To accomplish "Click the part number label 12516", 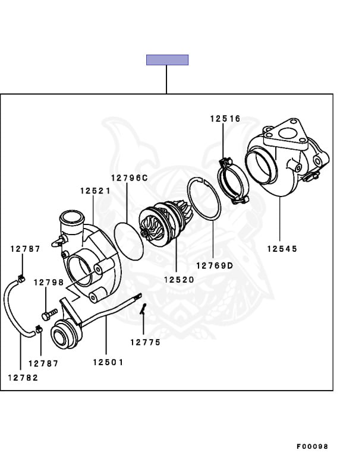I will click(225, 119).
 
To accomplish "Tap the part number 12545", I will click(282, 249).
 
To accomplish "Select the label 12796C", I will click(128, 178).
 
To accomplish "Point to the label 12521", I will click(95, 191).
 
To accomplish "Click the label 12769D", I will click(214, 265).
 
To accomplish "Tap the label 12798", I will click(48, 282).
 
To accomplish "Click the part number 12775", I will click(145, 342).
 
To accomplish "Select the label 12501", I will click(108, 362).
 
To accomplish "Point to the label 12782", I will click(23, 378).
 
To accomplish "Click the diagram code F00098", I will click(313, 446).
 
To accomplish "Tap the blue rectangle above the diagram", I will click(167, 60).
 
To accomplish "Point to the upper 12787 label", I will click(25, 249).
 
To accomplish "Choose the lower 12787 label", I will click(43, 363).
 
